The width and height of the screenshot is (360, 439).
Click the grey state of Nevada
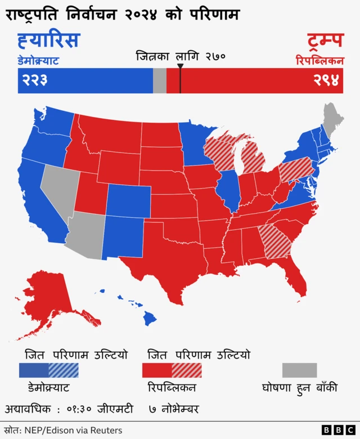click(x=57, y=186)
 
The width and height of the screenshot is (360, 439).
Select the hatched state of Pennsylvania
click(x=296, y=169)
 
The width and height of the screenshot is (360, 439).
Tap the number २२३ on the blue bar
click(x=35, y=80)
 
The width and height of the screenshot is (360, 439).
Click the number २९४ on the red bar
click(x=326, y=80)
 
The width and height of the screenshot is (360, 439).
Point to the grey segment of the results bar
click(x=160, y=80)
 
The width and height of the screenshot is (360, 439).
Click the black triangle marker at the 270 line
click(x=180, y=66)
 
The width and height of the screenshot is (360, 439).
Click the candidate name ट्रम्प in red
click(x=325, y=41)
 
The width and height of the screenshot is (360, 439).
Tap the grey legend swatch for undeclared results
click(x=299, y=370)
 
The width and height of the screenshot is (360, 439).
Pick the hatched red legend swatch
click(x=186, y=370)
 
